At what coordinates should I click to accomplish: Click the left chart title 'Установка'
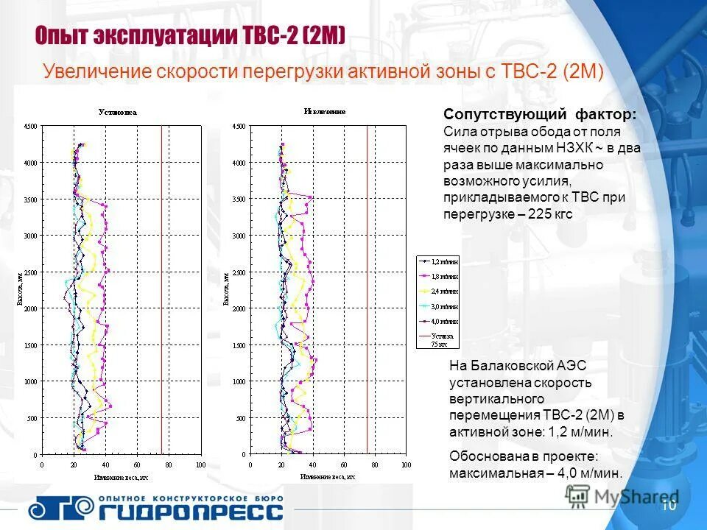118,113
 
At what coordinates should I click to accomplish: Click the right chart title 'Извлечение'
325,112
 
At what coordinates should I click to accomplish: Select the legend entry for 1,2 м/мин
439,261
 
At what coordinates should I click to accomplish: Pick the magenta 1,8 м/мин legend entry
439,276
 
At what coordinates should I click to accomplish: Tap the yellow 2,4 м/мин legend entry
439,291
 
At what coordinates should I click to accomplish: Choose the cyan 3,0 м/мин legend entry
439,306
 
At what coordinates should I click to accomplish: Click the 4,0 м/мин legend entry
439,322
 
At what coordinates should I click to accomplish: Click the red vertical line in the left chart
161,294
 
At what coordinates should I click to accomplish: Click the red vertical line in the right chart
367,294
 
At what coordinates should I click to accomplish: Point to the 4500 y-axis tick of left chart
30,127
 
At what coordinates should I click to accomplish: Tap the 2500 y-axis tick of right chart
238,273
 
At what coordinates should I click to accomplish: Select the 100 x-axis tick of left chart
200,465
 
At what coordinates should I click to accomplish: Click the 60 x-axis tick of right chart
343,465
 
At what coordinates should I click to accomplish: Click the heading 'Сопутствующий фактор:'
540,115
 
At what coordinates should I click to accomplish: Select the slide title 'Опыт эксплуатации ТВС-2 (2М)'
191,36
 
